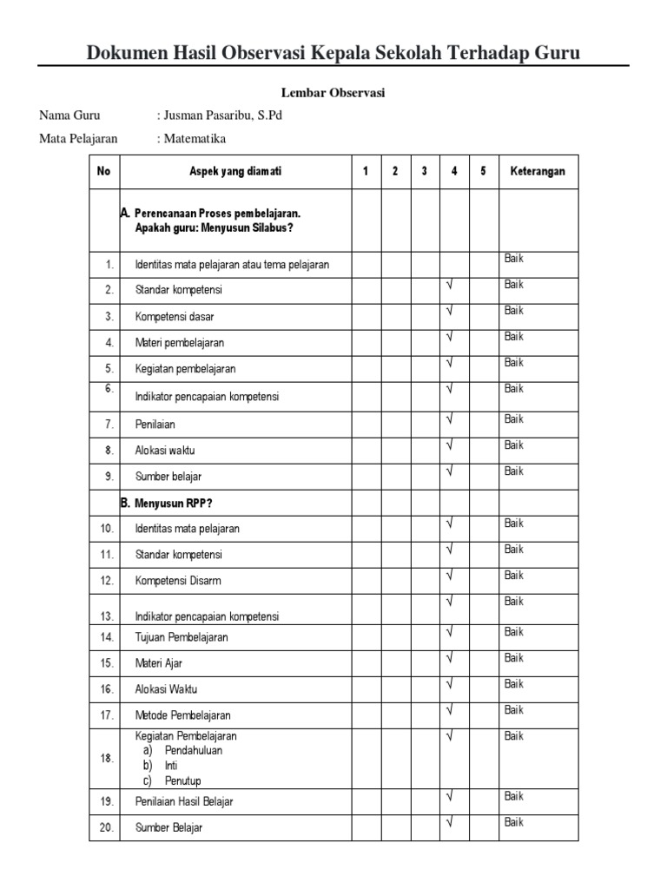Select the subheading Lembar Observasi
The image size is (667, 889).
[x=333, y=93]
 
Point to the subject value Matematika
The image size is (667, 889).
[x=195, y=138]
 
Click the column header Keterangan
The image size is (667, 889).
[x=538, y=171]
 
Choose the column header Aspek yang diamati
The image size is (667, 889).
[x=235, y=171]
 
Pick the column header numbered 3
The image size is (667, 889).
[x=424, y=171]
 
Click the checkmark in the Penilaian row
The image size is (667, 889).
[x=451, y=419]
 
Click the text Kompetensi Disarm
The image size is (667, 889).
[x=178, y=580]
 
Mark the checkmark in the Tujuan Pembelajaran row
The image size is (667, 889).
[x=451, y=632]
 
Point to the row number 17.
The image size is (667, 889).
[x=106, y=715]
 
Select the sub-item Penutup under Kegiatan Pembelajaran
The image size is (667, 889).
[x=182, y=781]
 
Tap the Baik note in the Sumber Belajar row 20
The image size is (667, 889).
[x=514, y=822]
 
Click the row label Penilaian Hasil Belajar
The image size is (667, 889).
[x=184, y=801]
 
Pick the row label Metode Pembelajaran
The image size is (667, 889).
[x=183, y=715]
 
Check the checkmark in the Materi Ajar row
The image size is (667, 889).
[x=451, y=658]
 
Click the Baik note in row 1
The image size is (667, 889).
[x=514, y=259]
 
